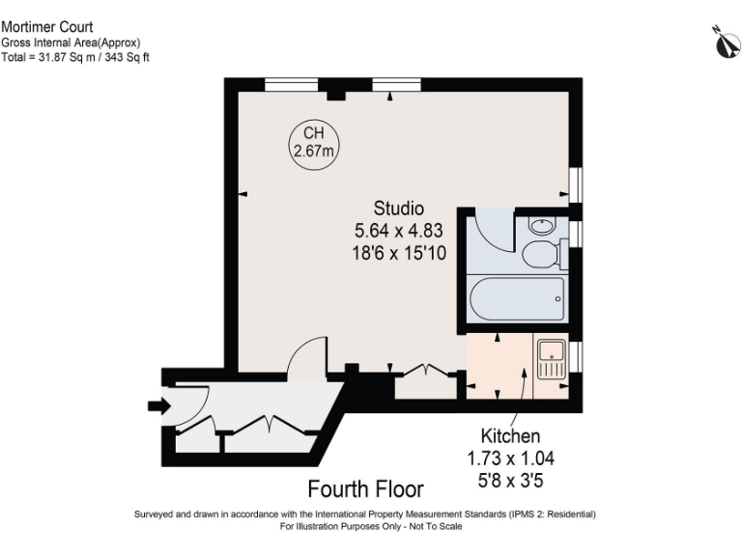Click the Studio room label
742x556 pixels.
(399, 208)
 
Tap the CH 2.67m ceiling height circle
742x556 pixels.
(314, 142)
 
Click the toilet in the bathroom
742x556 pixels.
(540, 255)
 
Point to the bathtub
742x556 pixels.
(516, 301)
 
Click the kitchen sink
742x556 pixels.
(552, 357)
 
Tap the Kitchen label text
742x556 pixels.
(510, 436)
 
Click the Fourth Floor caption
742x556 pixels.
(365, 487)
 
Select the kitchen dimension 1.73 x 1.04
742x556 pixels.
(510, 458)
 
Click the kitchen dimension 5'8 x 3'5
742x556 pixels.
(510, 478)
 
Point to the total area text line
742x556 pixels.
(74, 57)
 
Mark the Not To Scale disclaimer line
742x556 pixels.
(371, 527)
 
